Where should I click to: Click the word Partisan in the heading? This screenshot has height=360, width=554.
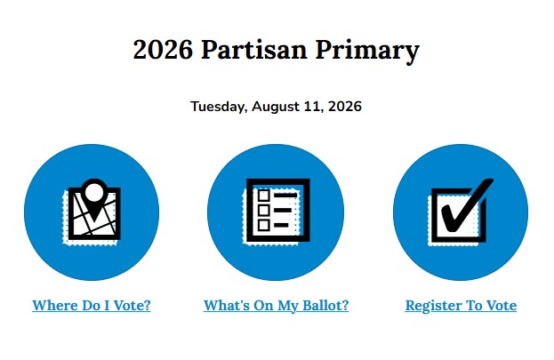pyautogui.click(x=254, y=50)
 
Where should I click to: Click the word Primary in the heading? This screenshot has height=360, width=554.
pyautogui.click(x=367, y=52)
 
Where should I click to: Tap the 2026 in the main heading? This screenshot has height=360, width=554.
pyautogui.click(x=163, y=50)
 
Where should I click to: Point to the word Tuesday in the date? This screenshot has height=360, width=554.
pyautogui.click(x=219, y=107)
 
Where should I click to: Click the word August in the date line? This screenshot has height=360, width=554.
pyautogui.click(x=276, y=107)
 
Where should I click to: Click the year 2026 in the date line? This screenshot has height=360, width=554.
pyautogui.click(x=345, y=107)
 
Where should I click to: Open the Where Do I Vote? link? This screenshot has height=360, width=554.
pyautogui.click(x=92, y=306)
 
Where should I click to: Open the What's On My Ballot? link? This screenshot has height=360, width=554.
pyautogui.click(x=276, y=306)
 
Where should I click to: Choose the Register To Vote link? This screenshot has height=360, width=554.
pyautogui.click(x=461, y=306)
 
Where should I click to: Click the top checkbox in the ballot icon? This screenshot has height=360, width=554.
pyautogui.click(x=263, y=196)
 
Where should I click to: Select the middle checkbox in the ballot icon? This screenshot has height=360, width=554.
pyautogui.click(x=263, y=210)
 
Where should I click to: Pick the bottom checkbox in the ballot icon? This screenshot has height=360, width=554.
pyautogui.click(x=263, y=225)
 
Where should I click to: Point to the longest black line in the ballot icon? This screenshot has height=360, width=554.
pyautogui.click(x=285, y=196)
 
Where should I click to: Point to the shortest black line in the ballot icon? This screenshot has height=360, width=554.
pyautogui.click(x=281, y=225)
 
